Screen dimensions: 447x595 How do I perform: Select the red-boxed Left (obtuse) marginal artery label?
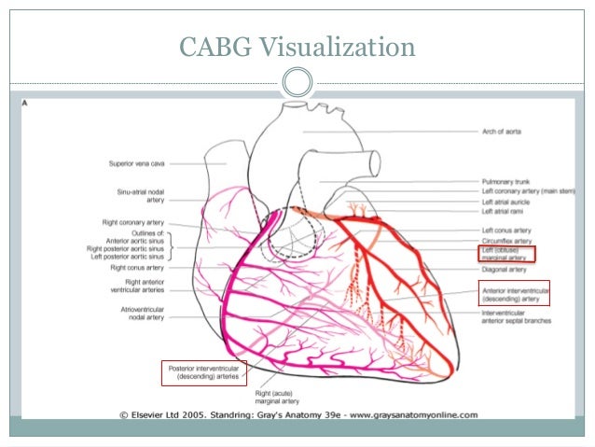tap(508, 253)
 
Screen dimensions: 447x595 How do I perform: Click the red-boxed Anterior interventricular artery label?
tap(514, 294)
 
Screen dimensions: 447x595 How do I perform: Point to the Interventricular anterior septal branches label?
tap(516, 317)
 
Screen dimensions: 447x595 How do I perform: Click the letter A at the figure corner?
tap(25, 104)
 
